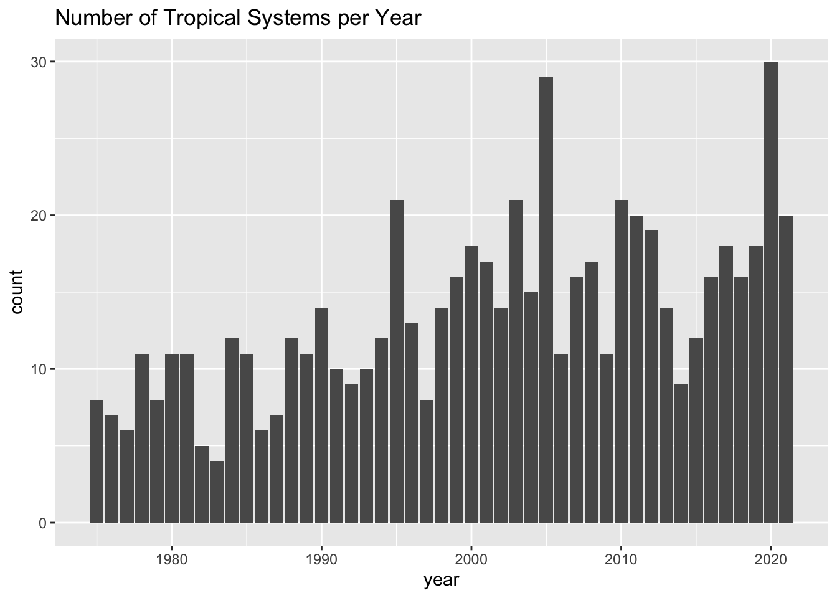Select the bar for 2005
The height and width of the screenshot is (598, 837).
546,299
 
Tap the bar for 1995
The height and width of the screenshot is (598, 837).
397,361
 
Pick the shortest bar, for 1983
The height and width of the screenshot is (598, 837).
217,491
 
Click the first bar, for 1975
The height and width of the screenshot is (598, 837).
97,461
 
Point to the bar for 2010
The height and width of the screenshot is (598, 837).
621,361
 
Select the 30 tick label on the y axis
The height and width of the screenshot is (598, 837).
39,62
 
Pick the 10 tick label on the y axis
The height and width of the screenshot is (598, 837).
39,369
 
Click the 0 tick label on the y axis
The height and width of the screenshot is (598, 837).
43,523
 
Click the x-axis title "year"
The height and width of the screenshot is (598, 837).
442,581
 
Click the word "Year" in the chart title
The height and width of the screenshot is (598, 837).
401,19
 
